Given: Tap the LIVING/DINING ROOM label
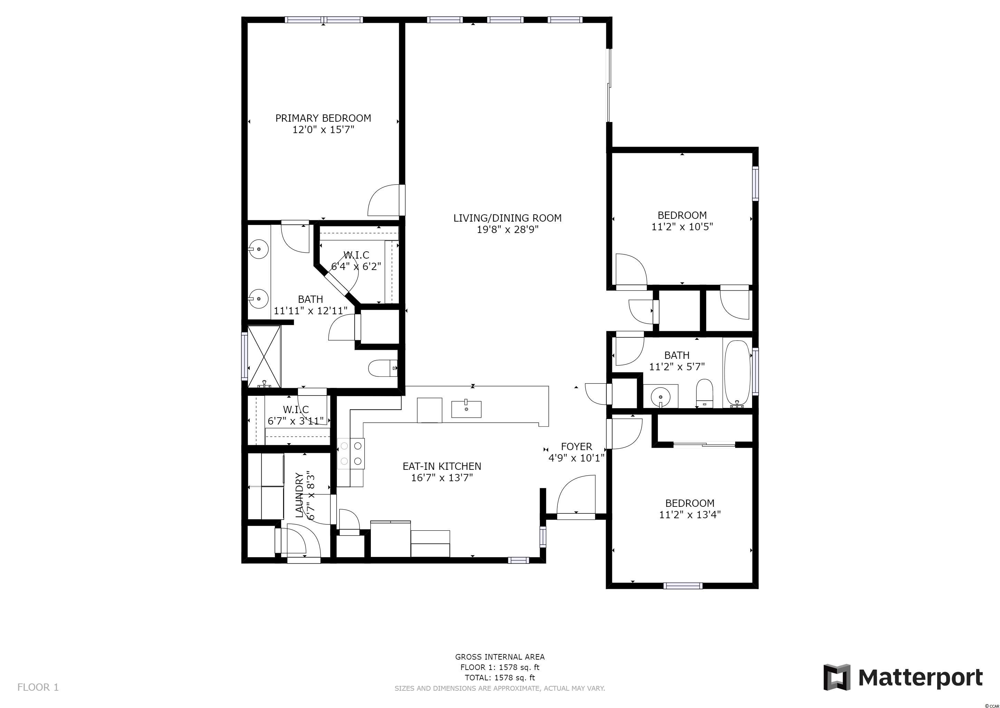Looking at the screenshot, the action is (507, 218).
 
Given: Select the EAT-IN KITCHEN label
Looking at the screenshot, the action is (442, 466).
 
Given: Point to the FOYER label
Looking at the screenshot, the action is (576, 446).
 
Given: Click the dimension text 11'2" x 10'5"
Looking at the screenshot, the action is (682, 227).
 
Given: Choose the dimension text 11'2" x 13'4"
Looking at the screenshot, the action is (690, 514).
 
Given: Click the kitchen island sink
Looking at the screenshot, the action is (466, 409).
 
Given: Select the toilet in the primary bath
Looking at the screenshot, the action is (383, 369).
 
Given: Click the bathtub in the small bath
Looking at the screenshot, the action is (737, 372).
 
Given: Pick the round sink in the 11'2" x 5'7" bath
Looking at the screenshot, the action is (661, 397).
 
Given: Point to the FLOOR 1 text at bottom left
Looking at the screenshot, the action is (38, 688).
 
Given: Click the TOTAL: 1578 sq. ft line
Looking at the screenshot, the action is (500, 678).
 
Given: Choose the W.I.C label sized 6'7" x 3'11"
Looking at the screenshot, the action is (296, 409).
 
